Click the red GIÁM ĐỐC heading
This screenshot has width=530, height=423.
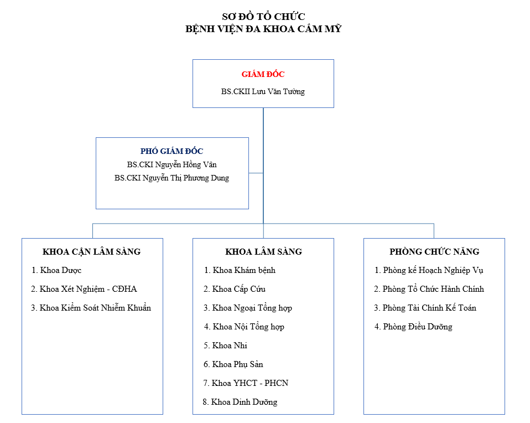(x=263, y=74)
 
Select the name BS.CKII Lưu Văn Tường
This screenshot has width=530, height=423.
(x=263, y=91)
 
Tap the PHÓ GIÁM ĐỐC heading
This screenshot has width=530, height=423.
(x=172, y=151)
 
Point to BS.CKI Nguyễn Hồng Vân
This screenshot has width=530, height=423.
(x=172, y=165)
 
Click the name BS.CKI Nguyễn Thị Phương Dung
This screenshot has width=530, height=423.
(x=172, y=178)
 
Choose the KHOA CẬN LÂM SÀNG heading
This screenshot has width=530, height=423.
(x=92, y=251)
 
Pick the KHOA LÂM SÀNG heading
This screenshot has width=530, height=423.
(x=264, y=251)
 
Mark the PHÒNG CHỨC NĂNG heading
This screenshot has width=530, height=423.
(x=434, y=251)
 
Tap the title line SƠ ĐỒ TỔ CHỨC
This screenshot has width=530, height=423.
(x=263, y=17)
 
